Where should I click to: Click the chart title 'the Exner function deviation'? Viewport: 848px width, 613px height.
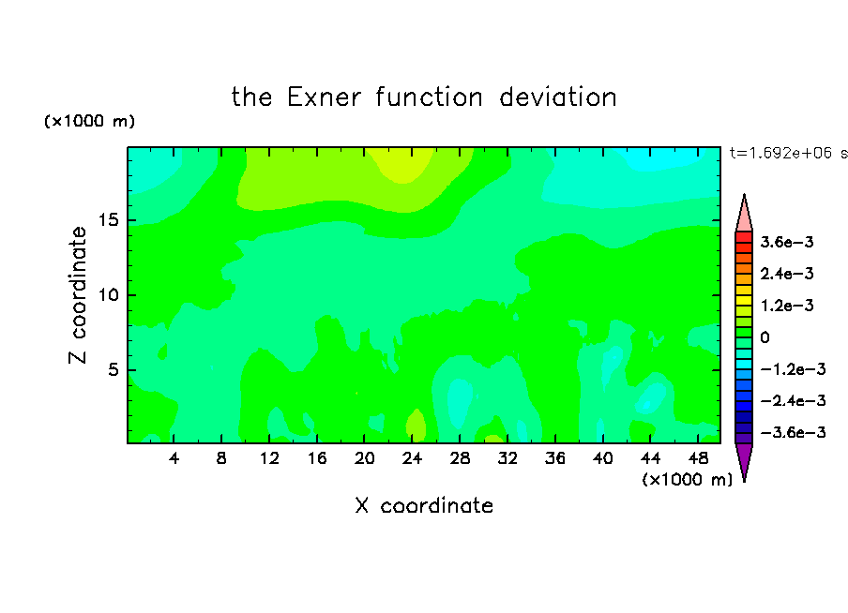click(x=424, y=97)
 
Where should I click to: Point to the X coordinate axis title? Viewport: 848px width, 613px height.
click(x=424, y=505)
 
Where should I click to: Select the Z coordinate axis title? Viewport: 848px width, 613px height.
click(x=77, y=295)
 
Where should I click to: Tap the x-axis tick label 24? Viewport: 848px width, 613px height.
click(x=412, y=458)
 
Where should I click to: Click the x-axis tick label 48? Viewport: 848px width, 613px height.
click(x=698, y=458)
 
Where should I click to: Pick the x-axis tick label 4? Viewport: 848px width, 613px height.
click(x=174, y=458)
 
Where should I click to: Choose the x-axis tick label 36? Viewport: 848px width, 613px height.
click(x=555, y=458)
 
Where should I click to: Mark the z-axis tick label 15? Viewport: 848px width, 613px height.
click(x=109, y=220)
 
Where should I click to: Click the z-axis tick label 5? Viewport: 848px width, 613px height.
click(x=114, y=369)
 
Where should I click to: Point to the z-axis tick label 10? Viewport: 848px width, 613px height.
click(x=109, y=295)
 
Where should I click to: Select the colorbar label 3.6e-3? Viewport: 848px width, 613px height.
click(x=787, y=242)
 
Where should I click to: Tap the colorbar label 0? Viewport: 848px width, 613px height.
click(x=765, y=337)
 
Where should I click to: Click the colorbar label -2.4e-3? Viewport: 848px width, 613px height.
click(x=793, y=400)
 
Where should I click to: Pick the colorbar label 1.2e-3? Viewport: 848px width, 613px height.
click(x=787, y=306)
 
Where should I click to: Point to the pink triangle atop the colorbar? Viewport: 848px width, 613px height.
click(x=744, y=216)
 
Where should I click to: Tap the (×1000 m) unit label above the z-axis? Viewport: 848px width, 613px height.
click(x=89, y=121)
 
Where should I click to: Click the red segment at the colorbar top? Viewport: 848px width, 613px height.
click(x=744, y=237)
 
